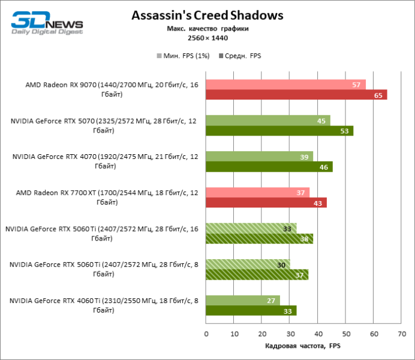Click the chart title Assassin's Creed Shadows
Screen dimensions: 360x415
[207, 14]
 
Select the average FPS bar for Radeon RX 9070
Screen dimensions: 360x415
[296, 95]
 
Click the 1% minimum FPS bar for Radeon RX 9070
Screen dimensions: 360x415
[285, 85]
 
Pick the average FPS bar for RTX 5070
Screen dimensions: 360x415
[279, 131]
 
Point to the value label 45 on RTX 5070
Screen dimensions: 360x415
[321, 121]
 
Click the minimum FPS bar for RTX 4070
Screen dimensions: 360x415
[259, 157]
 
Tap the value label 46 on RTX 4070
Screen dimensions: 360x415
[323, 167]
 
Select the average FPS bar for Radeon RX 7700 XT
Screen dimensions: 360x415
[266, 203]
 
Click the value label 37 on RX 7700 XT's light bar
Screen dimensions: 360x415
[301, 193]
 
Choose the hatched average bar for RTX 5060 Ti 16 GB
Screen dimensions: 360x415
[259, 239]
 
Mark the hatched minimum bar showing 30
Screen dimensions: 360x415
[248, 265]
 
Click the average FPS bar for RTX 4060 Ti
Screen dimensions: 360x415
[251, 311]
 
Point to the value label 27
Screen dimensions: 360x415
[270, 301]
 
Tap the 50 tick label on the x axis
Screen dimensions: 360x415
[345, 334]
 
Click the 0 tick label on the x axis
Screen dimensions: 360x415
[206, 334]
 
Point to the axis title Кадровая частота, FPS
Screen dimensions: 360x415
[302, 346]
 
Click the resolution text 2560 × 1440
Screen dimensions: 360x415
[207, 38]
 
